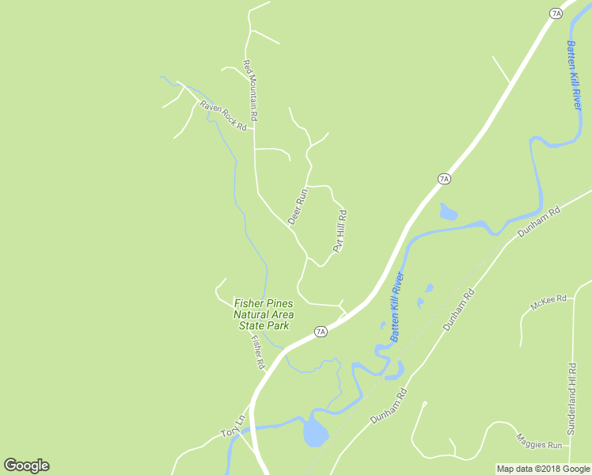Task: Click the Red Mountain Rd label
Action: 250,90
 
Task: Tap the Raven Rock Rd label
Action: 223,116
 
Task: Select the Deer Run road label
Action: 297,207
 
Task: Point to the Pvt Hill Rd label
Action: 340,230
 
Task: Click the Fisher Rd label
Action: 256,352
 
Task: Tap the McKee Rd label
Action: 549,300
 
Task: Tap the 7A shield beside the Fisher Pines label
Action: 320,332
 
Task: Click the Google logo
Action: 27,465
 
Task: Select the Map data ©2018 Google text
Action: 543,469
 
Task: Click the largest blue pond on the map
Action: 315,434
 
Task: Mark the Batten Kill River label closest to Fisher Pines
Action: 396,307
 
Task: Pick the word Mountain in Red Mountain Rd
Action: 251,89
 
